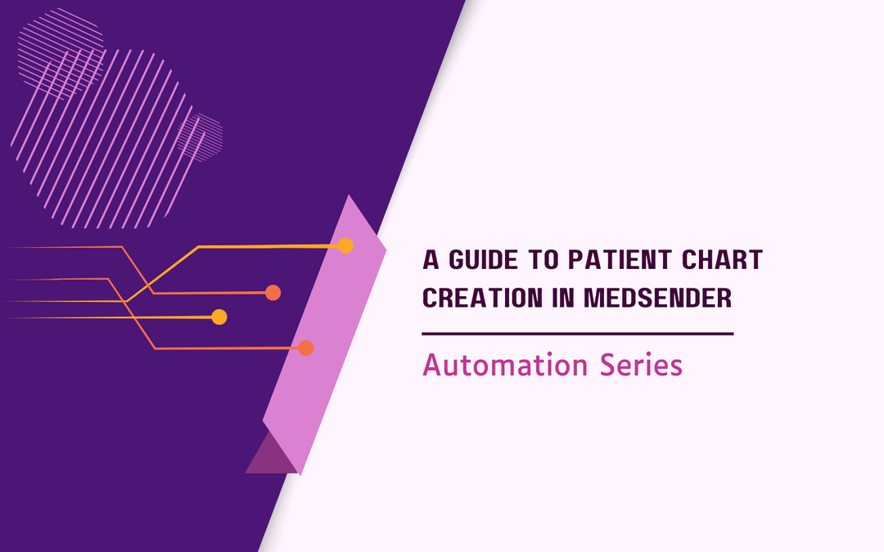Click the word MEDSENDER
pos(660,298)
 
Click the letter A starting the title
pos(431,261)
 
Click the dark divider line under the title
pos(577,334)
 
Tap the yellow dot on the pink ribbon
pos(345,245)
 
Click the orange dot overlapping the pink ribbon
pos(306,348)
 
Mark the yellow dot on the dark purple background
pos(219,317)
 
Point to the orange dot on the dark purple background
pos(273,293)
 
